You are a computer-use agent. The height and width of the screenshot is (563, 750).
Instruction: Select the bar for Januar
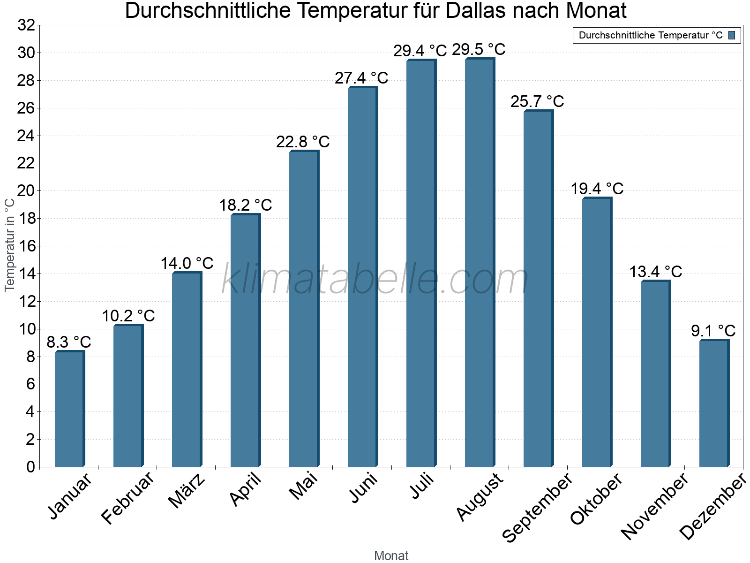(x=69, y=409)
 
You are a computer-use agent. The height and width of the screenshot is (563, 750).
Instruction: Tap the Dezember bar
(x=714, y=403)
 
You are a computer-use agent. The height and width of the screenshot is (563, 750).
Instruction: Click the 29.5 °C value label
(x=479, y=50)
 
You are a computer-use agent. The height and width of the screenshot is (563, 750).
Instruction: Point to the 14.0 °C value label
(x=187, y=263)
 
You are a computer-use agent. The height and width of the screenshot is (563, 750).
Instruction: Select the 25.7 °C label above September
(x=537, y=101)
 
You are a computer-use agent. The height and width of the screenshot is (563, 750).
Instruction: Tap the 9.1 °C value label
(x=713, y=331)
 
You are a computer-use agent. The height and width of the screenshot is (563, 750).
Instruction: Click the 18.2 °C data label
(x=246, y=205)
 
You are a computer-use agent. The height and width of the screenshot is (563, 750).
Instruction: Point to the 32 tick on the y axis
(x=26, y=25)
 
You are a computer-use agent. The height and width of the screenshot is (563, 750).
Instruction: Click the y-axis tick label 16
(x=26, y=246)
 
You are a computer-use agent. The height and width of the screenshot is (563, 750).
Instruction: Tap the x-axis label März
(x=187, y=491)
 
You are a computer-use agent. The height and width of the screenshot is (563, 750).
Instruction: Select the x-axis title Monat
(x=391, y=556)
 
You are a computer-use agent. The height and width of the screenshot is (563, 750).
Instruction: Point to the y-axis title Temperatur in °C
(x=10, y=244)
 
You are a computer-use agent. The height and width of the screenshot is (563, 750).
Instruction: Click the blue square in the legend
(x=732, y=35)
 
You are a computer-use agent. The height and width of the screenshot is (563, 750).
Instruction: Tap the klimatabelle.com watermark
(x=375, y=280)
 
